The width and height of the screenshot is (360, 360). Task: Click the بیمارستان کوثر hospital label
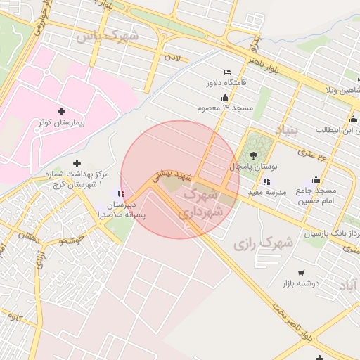pos(61,122)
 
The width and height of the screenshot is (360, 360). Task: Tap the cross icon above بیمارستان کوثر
pos(61,111)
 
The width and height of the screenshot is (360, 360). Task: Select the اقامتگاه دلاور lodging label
pos(227,83)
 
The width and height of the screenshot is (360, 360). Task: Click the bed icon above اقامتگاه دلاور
pos(226,72)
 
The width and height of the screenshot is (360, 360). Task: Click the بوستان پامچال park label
pos(255,167)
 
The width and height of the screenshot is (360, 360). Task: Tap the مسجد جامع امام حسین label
pos(316,195)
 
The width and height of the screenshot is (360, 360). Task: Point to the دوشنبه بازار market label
pos(302,283)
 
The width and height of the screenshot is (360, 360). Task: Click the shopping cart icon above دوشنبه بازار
pos(302,272)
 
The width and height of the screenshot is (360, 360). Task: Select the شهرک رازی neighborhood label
pos(262,243)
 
